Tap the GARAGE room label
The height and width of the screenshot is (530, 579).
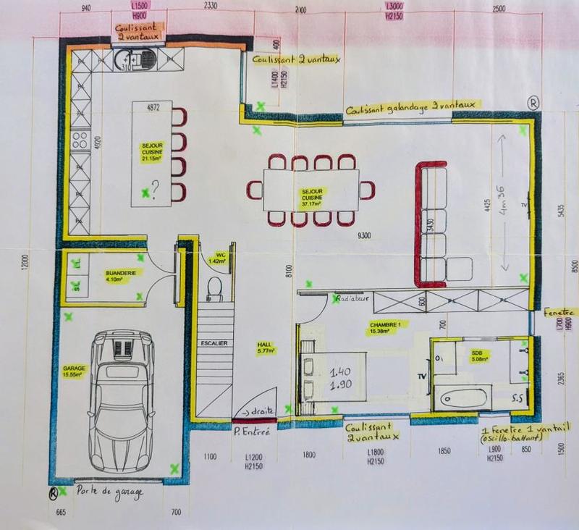tap(74, 371)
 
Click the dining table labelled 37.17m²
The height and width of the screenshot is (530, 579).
tap(312, 189)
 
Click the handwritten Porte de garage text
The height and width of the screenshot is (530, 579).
tap(109, 493)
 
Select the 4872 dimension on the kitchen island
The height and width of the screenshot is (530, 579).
tap(152, 108)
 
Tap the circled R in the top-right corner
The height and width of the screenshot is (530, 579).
tap(533, 103)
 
